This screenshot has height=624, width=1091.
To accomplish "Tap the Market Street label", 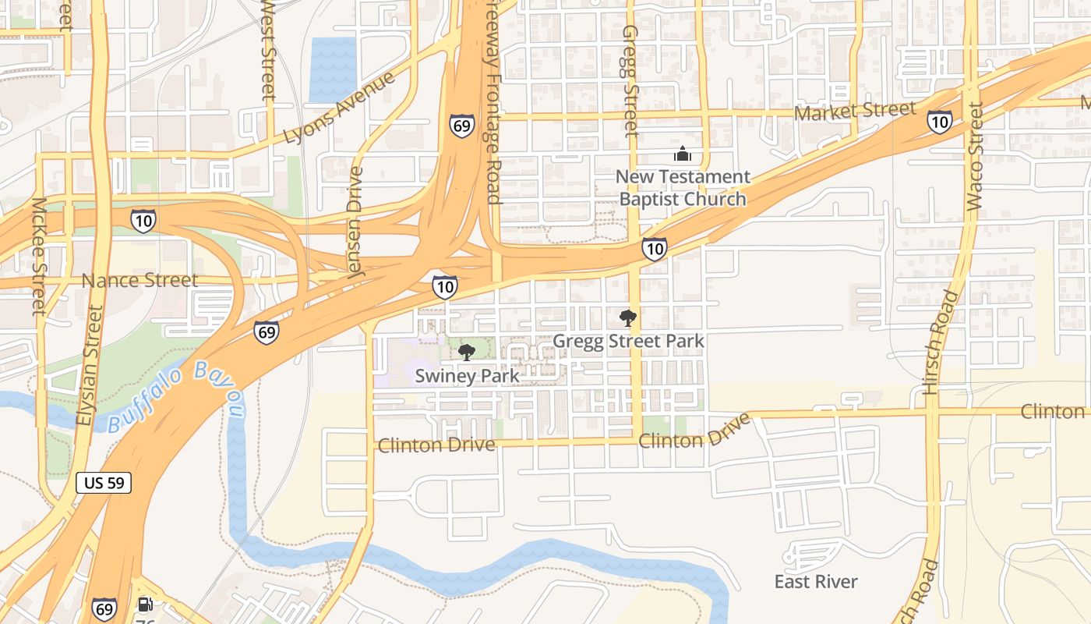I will (x=854, y=111).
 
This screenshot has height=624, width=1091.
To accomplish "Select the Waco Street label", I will (x=974, y=156).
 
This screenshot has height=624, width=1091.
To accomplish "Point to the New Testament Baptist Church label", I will (x=683, y=188).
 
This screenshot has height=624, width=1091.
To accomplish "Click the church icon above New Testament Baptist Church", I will (x=683, y=154).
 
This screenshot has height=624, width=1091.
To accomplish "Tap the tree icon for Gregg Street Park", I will (x=627, y=318).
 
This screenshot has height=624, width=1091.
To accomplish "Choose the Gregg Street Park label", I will (x=628, y=341).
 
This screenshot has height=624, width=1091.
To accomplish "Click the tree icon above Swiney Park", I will (x=467, y=353).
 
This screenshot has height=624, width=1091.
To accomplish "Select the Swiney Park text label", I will (x=467, y=375).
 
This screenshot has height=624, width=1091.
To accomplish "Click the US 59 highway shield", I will (x=104, y=483).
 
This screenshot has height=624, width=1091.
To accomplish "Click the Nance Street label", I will (x=139, y=280).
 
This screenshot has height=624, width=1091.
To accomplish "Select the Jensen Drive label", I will (x=355, y=222).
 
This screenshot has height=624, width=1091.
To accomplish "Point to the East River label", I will (x=816, y=582).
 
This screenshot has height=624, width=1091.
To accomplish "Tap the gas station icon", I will (x=144, y=604).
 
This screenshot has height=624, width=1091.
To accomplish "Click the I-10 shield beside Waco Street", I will (x=939, y=121).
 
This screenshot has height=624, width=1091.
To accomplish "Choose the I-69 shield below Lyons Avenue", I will (x=461, y=126).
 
